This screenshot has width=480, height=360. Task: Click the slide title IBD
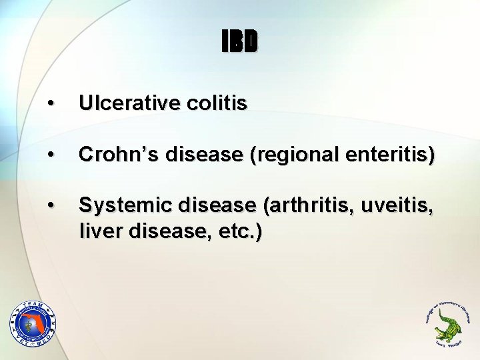(x=239, y=43)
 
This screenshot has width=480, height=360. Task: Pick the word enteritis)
(x=394, y=156)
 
